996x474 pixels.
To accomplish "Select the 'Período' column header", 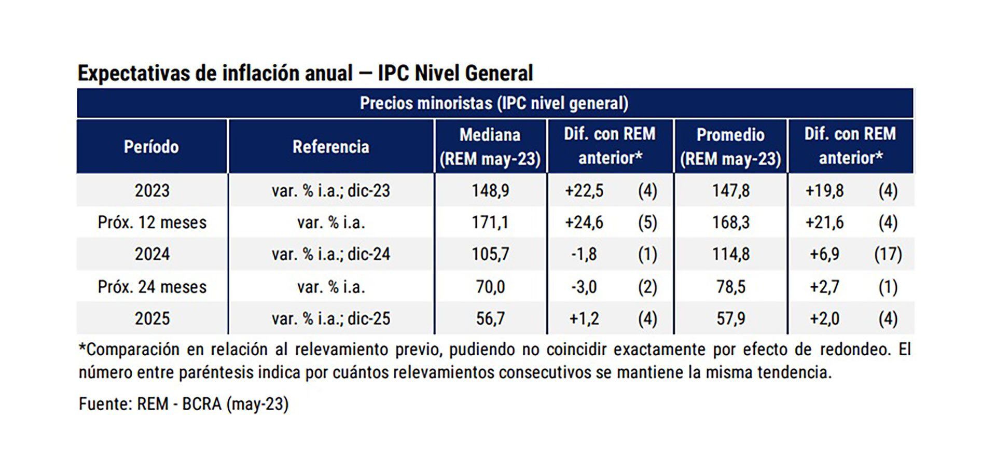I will [151, 147].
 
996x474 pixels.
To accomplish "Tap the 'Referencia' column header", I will [330, 147].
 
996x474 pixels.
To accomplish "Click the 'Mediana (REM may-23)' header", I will [490, 147].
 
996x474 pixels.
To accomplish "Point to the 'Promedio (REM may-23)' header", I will [730, 147].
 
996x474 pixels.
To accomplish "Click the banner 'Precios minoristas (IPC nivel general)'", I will [494, 103].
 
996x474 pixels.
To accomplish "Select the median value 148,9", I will [490, 191].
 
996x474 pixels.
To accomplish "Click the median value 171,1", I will [490, 222].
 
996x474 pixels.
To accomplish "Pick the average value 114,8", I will [730, 254].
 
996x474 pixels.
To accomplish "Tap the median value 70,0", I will [490, 287].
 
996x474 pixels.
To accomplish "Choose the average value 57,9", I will [730, 318].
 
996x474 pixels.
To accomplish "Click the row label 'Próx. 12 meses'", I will [152, 222].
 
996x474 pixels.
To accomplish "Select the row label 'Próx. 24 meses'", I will [152, 287].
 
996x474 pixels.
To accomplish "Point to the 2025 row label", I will [152, 318].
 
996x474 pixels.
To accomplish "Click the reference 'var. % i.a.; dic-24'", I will [330, 254].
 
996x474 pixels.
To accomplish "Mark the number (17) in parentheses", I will [888, 254].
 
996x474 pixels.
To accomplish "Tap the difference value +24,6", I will [584, 222].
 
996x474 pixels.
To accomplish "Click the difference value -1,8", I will [584, 254].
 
